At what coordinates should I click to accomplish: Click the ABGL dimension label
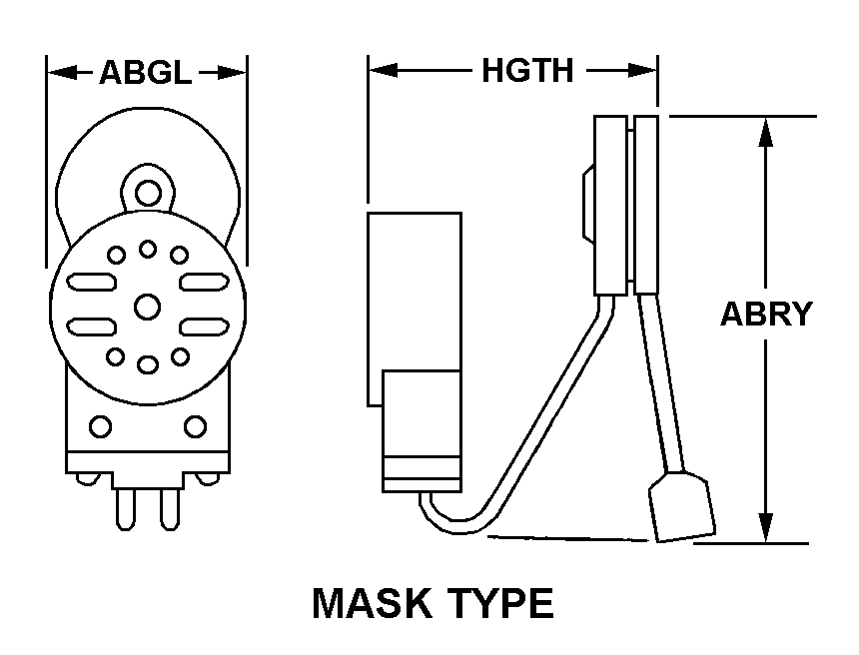[146, 72]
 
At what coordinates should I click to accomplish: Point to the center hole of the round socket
[147, 306]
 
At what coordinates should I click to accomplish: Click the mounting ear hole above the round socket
[148, 188]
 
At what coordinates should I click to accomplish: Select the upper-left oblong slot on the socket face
[92, 284]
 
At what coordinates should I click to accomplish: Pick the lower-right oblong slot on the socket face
[203, 327]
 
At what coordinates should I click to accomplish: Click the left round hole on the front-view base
[99, 426]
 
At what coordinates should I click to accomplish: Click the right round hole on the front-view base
[196, 426]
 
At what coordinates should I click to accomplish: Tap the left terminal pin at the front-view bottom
[124, 510]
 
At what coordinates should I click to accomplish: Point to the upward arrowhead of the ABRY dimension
[766, 130]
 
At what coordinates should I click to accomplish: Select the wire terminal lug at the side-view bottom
[683, 508]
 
